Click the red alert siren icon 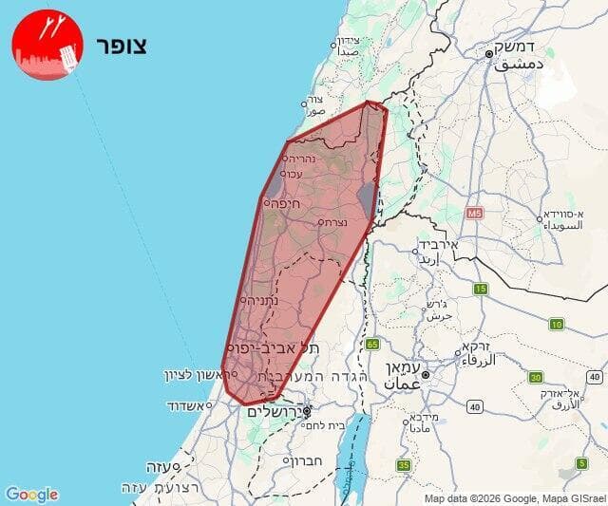(x=47, y=45)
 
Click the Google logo (x=31, y=495)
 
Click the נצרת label (x=332, y=222)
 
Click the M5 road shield (x=474, y=215)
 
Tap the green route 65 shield (x=371, y=344)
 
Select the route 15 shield (x=480, y=289)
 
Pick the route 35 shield (x=404, y=465)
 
